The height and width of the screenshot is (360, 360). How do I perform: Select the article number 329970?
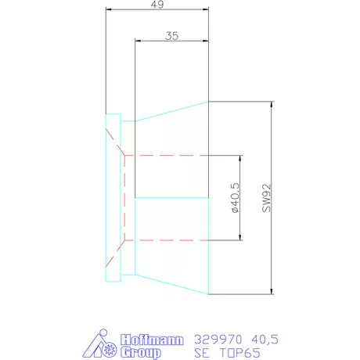pyautogui.click(x=216, y=339)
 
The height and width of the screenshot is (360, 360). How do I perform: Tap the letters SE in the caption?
pyautogui.click(x=200, y=352)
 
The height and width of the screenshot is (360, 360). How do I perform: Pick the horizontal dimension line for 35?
pyautogui.click(x=172, y=42)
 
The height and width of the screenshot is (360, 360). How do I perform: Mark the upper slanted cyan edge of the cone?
pyautogui.click(x=172, y=110)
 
